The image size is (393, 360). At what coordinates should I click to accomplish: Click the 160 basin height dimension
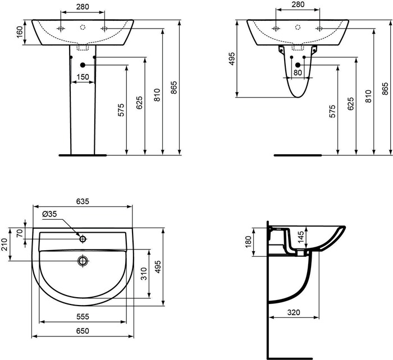(20, 32)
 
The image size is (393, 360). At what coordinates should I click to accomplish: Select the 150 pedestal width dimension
(83, 77)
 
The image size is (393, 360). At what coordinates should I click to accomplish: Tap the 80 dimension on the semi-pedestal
(298, 72)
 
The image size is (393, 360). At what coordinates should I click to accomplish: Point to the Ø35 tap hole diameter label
(49, 214)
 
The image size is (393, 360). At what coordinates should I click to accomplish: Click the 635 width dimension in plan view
(83, 201)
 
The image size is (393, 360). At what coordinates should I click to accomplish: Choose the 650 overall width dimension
(83, 331)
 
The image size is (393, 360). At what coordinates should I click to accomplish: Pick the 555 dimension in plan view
(83, 317)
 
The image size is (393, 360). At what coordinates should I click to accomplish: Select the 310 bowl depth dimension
(144, 274)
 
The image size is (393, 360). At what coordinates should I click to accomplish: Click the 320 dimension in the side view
(294, 312)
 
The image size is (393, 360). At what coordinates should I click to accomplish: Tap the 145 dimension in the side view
(300, 237)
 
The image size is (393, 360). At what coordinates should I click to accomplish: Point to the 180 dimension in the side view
(248, 242)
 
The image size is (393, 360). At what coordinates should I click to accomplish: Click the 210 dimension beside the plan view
(4, 244)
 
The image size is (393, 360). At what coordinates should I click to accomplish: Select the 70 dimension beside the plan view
(20, 233)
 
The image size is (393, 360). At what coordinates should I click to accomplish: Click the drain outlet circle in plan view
(83, 261)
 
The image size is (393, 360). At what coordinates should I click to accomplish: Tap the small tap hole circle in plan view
(83, 239)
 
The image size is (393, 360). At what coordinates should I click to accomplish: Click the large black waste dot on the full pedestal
(83, 65)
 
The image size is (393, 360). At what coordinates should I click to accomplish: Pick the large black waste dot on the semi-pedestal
(298, 65)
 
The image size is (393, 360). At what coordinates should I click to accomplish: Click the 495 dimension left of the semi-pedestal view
(232, 59)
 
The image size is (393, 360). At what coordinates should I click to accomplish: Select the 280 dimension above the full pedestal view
(83, 7)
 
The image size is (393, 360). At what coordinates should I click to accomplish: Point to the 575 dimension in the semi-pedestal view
(332, 112)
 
